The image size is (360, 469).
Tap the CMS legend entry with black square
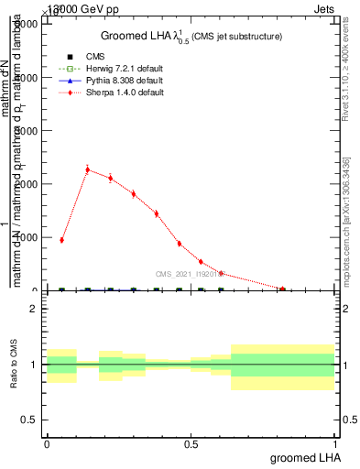(96, 57)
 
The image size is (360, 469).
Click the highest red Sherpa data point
(88, 169)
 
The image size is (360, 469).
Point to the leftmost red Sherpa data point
(61, 240)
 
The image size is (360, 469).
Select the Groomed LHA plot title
(191, 36)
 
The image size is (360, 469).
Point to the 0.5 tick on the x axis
(191, 443)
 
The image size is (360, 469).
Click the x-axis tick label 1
(335, 443)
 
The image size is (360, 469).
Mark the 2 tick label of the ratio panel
(33, 310)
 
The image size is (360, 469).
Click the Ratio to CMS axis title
(15, 364)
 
